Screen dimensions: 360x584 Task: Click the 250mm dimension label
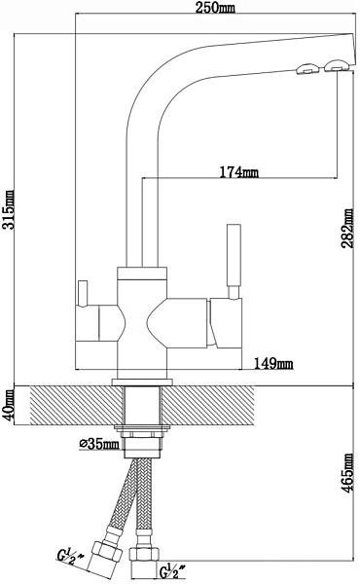tap(216, 7)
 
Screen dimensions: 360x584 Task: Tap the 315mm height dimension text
tap(8, 209)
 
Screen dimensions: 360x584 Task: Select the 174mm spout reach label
tap(238, 172)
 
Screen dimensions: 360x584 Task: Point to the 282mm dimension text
tap(347, 228)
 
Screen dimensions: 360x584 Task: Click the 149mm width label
tap(273, 363)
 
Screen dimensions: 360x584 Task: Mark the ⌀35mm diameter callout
tap(99, 443)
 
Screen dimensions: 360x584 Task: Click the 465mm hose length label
tap(347, 473)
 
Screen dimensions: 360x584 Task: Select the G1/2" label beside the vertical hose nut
tap(172, 571)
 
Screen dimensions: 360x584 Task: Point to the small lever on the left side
tap(82, 294)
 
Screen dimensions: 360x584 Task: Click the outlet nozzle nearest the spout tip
tap(338, 65)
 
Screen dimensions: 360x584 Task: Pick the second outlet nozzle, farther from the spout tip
tap(307, 68)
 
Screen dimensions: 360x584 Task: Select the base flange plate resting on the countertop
tap(142, 383)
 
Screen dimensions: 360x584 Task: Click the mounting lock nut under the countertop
tap(142, 433)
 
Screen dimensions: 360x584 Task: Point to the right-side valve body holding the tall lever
tap(226, 323)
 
